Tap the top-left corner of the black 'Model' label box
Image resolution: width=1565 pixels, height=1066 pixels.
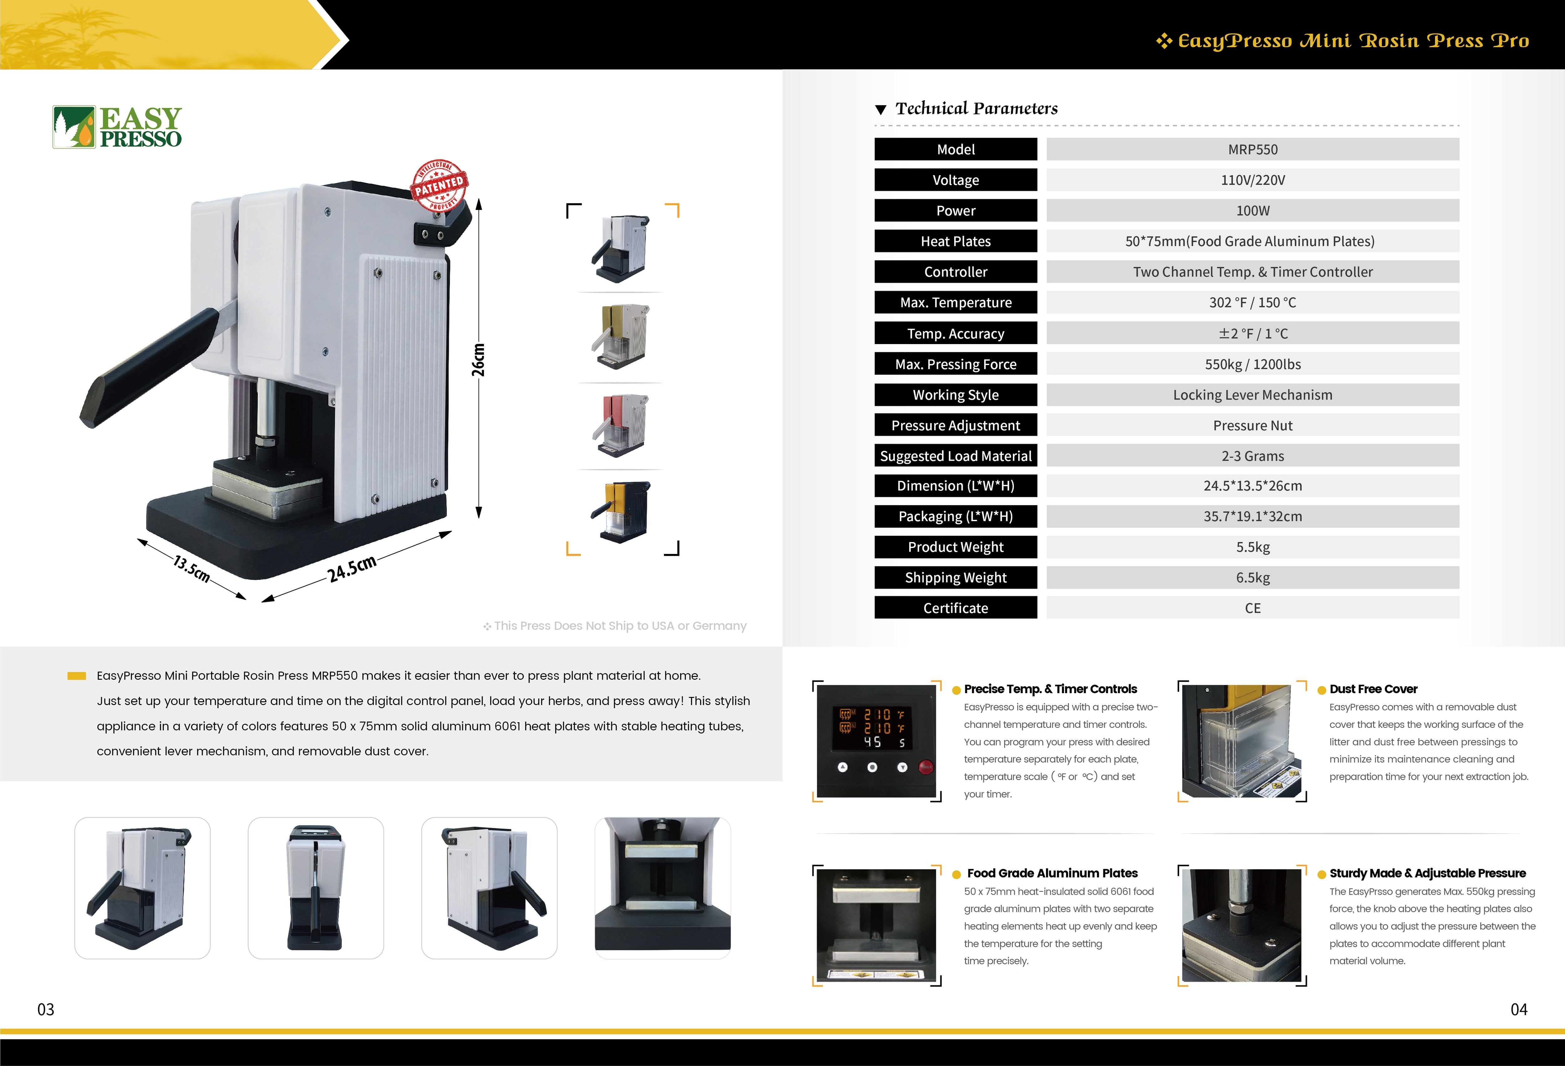875,138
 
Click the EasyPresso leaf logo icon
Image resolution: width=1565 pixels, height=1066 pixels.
74,126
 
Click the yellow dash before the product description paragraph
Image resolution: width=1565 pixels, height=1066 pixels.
77,676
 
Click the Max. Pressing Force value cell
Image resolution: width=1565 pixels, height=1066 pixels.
1253,364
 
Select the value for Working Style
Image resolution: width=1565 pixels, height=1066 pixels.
1253,395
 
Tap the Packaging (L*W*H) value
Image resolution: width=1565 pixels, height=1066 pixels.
1253,516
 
